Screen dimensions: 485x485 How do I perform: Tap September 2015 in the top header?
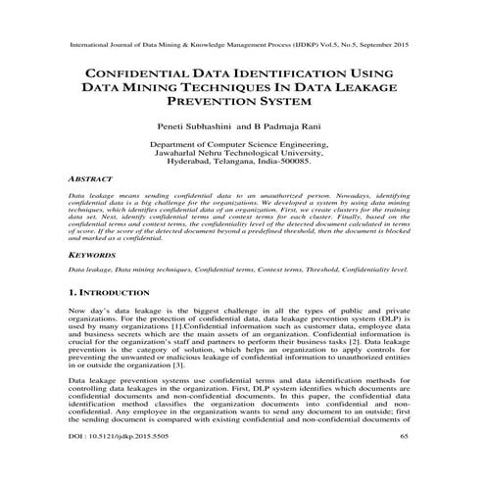pos(382,46)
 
